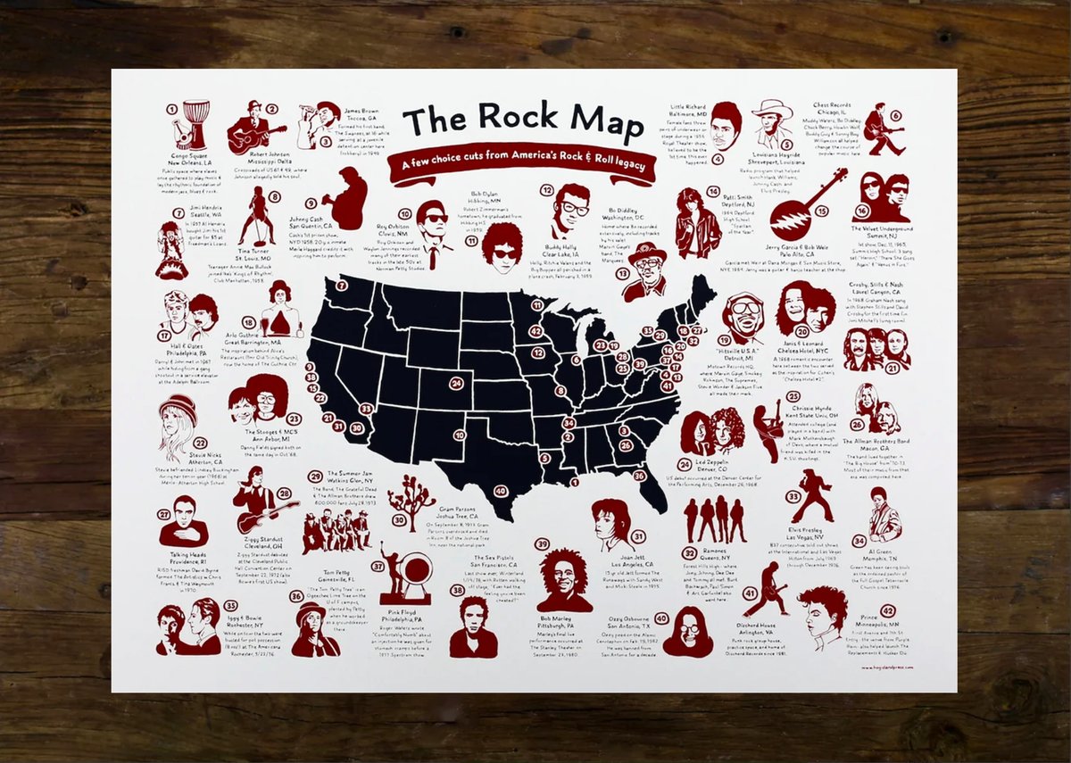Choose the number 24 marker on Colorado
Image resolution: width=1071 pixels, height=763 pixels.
click(457, 385)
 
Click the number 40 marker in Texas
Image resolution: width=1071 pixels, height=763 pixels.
click(500, 491)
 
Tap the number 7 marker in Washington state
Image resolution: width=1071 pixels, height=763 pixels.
click(342, 286)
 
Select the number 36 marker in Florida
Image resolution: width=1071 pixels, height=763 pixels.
click(639, 476)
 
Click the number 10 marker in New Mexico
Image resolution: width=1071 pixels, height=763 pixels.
click(459, 435)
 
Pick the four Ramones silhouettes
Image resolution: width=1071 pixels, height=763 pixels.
click(714, 520)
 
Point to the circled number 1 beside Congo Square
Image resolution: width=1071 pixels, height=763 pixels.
click(170, 109)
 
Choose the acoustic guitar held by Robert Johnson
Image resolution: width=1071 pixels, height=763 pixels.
click(243, 137)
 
